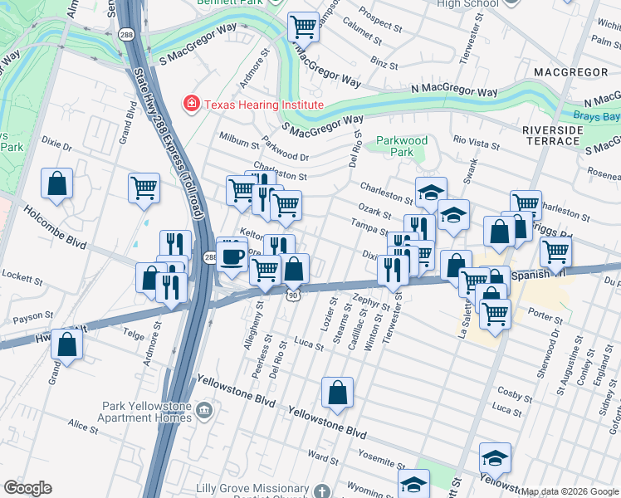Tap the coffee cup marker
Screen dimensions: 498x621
click(x=232, y=255)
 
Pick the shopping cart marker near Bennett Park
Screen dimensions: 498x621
click(x=304, y=27)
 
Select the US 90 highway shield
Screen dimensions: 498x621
click(x=293, y=295)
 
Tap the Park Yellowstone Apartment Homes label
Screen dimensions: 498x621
click(x=146, y=413)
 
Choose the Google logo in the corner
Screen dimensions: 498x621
click(x=27, y=487)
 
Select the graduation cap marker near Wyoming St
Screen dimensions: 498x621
click(x=414, y=484)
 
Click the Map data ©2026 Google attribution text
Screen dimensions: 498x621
click(x=570, y=491)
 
